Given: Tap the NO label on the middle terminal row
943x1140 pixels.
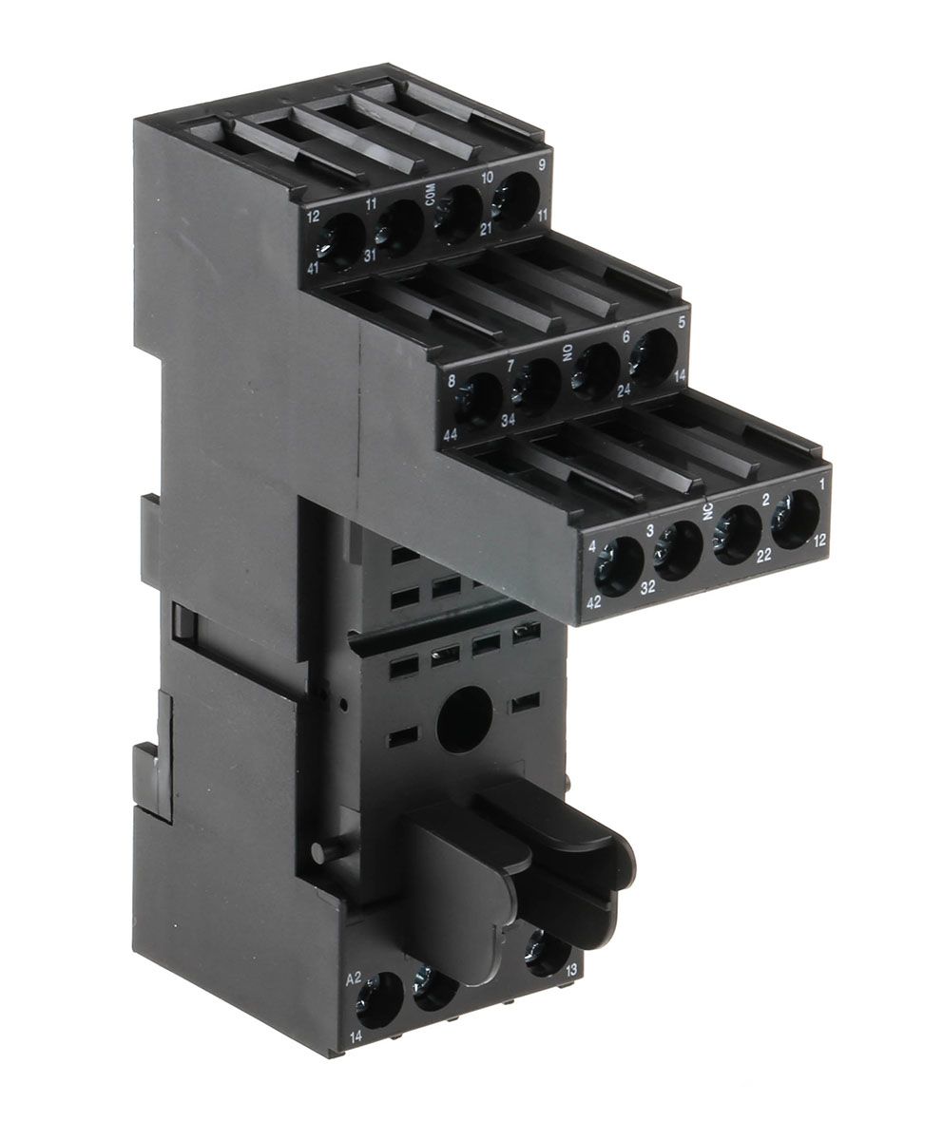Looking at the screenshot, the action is coord(568,357).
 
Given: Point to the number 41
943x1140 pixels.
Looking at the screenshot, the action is coord(314,268).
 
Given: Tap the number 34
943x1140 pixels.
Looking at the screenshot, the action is coord(508,421).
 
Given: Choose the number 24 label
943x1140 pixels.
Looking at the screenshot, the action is coord(624,390).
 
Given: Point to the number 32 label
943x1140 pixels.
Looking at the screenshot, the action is coord(648,588).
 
